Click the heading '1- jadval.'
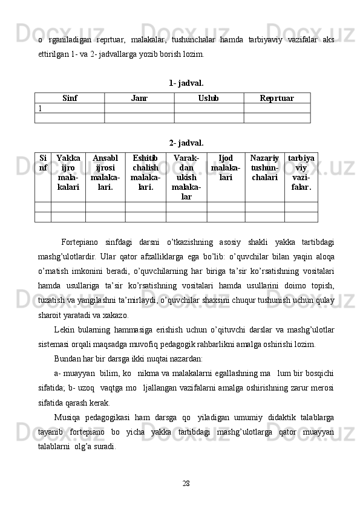click(x=186, y=82)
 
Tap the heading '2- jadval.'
click(x=186, y=143)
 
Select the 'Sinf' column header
click(x=70, y=98)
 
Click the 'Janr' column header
click(x=139, y=98)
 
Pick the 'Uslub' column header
click(x=209, y=98)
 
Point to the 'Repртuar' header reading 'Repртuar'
click(x=277, y=98)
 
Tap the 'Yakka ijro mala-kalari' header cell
click(x=68, y=172)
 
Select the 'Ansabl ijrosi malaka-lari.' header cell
click(x=105, y=172)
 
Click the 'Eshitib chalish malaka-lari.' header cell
click(x=145, y=172)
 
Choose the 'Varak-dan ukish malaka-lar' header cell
click(x=186, y=177)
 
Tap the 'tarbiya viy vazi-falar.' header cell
click(x=301, y=172)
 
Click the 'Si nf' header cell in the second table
click(x=43, y=162)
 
